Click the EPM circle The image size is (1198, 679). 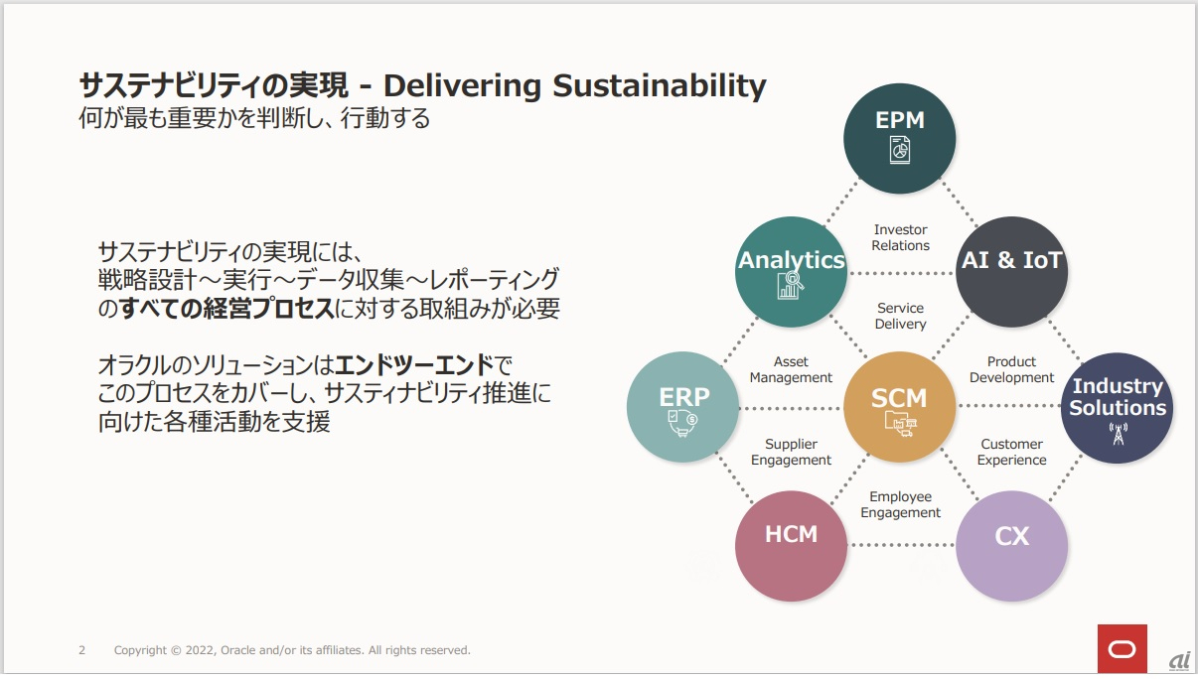(x=900, y=138)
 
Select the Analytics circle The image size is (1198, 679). (x=791, y=272)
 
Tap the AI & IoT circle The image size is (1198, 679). (x=1011, y=272)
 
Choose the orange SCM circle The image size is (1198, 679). (x=900, y=407)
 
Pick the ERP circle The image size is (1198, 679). (x=683, y=407)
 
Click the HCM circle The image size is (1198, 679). (x=791, y=546)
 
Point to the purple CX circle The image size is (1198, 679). (x=1011, y=546)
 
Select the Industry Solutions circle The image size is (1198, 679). (x=1117, y=408)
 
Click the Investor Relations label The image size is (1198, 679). (x=901, y=237)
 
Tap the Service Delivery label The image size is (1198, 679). (x=901, y=316)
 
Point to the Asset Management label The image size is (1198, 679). (x=791, y=369)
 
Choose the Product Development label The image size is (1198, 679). (x=1011, y=369)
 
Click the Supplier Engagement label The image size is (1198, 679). (x=791, y=452)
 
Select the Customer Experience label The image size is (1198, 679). (x=1011, y=452)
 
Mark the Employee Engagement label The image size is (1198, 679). (x=901, y=504)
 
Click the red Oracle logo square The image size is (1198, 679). (x=1123, y=648)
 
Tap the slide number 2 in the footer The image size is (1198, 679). (x=81, y=650)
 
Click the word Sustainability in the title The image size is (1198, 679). (x=659, y=86)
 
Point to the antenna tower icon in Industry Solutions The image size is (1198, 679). (x=1118, y=434)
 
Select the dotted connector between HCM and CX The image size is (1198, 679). (x=901, y=545)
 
